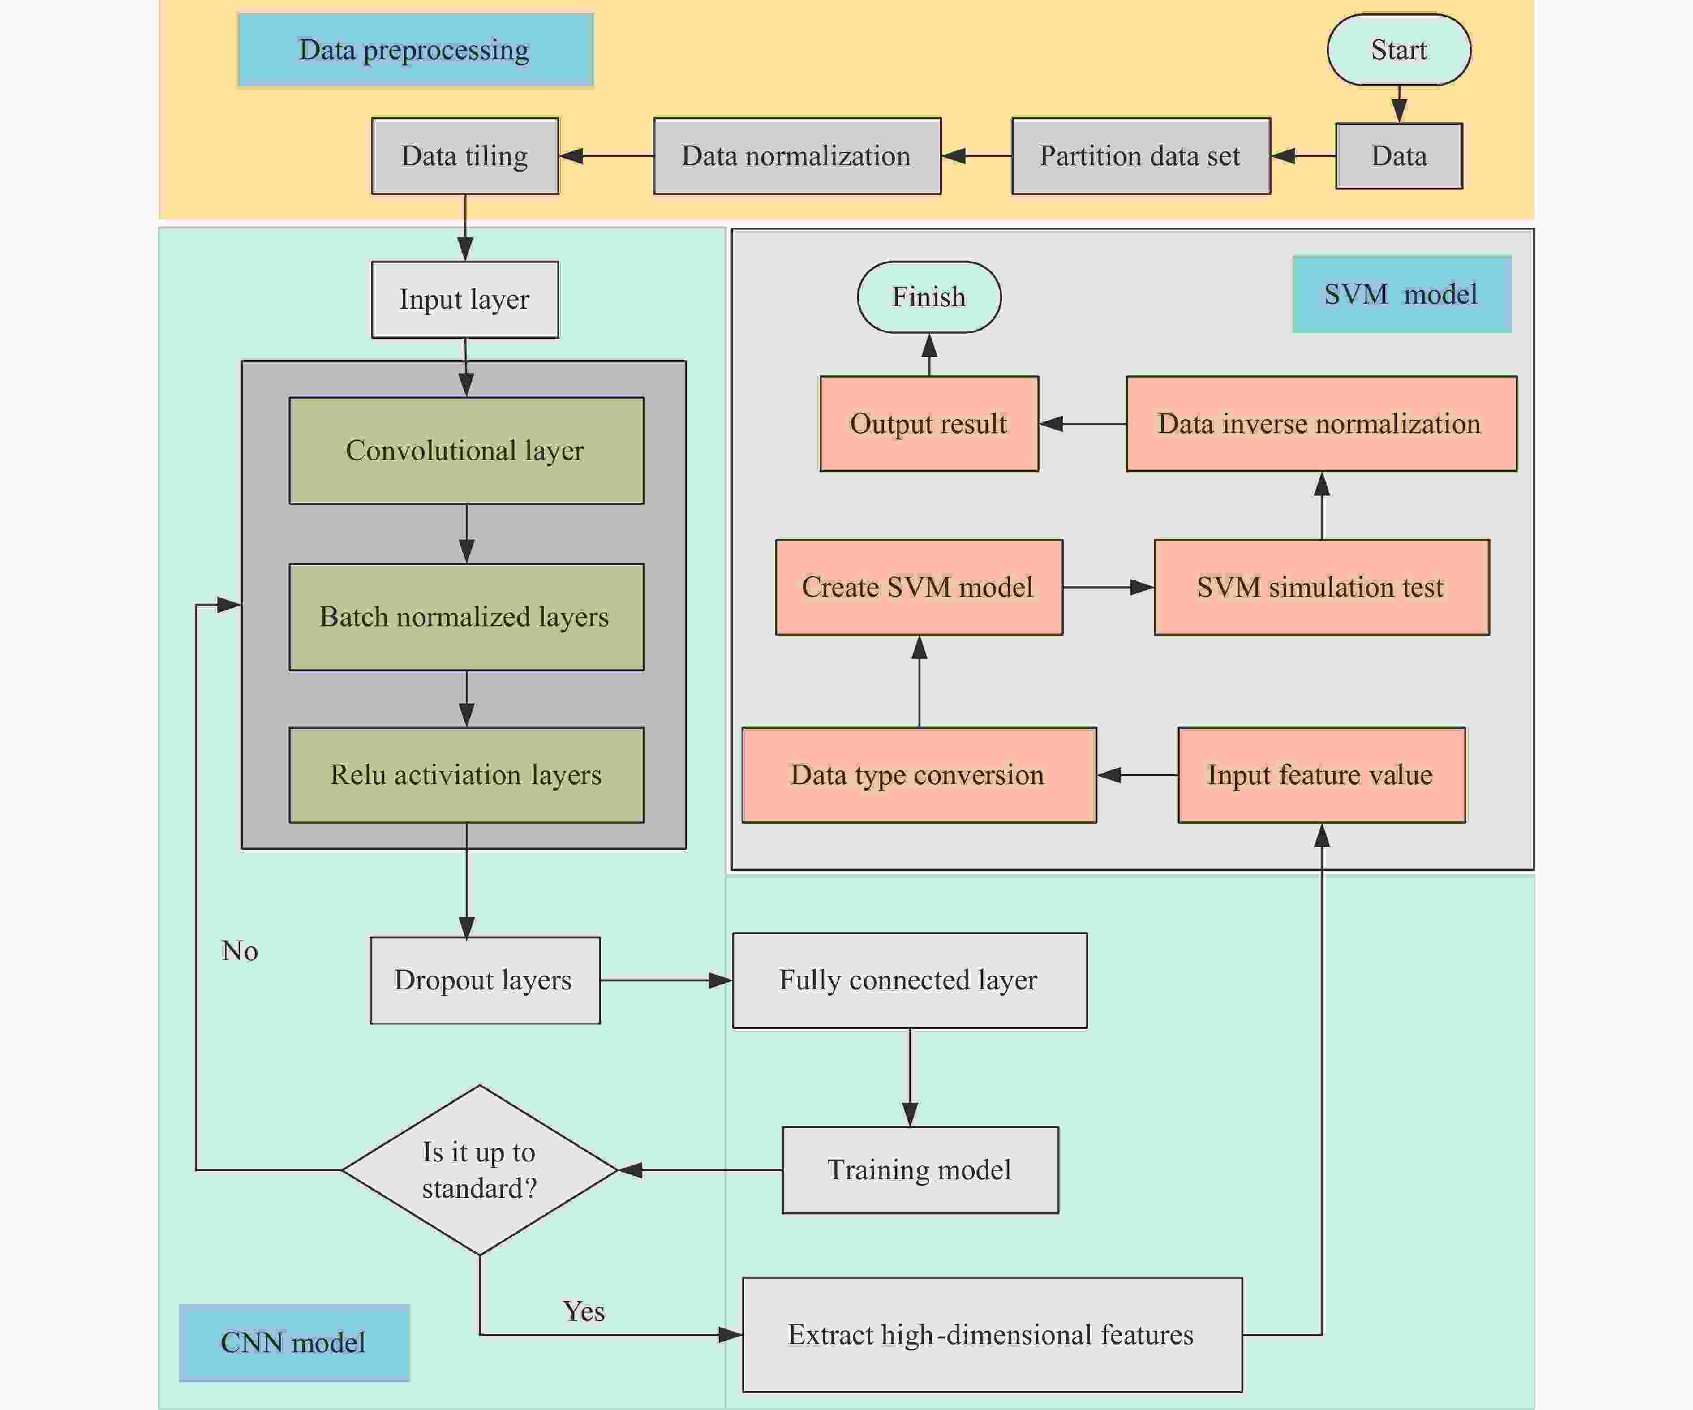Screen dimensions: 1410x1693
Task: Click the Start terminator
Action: pos(1399,50)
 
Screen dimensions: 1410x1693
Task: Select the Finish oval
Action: pos(929,297)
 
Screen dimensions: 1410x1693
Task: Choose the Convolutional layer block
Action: pos(466,451)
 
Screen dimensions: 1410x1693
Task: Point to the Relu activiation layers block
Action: pos(466,775)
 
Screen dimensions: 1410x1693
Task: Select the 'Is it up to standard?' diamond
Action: pos(480,1170)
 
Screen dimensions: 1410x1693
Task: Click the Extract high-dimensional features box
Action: pos(992,1334)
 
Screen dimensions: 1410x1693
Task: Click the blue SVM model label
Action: pos(1401,294)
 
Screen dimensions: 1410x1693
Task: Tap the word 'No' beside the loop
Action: pos(240,951)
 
